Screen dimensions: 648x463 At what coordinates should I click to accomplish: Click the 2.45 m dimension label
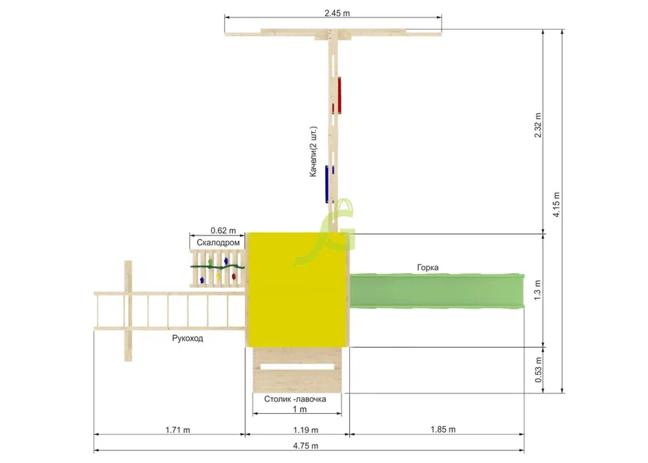(x=337, y=14)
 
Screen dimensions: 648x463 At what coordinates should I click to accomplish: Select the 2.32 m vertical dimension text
(x=538, y=125)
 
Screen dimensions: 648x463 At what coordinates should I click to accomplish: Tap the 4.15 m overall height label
(x=557, y=205)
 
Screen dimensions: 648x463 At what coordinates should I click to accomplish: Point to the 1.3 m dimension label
(x=537, y=290)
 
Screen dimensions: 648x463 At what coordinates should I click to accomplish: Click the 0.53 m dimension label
(x=538, y=370)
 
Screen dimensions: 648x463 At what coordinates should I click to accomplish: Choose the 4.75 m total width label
(x=306, y=446)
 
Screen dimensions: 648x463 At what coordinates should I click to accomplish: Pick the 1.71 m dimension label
(x=178, y=430)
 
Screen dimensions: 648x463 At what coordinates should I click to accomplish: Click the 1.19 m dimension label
(x=306, y=430)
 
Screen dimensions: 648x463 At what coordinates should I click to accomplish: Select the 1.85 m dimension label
(x=443, y=430)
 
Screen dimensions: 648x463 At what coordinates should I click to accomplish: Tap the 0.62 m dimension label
(x=223, y=230)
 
